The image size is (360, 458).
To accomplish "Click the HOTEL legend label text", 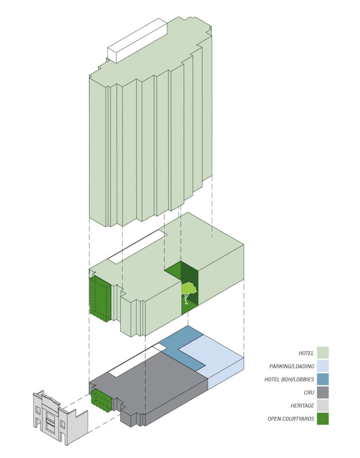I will click(306, 353).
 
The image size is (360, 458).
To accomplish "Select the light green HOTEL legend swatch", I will click(322, 353).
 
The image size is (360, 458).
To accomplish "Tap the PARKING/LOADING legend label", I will click(291, 366).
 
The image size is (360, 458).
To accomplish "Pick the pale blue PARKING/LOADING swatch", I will click(322, 366).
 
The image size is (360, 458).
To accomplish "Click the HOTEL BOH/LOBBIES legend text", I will click(289, 379).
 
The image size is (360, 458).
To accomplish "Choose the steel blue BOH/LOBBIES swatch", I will click(322, 379).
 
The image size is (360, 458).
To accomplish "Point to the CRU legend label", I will click(309, 392).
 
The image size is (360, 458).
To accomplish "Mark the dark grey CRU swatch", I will click(322, 392).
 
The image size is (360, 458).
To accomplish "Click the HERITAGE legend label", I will click(302, 406).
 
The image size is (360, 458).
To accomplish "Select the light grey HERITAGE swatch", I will click(322, 405).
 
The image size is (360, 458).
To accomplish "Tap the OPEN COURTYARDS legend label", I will click(290, 419).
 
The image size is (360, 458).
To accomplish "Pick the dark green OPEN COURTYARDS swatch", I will click(322, 418).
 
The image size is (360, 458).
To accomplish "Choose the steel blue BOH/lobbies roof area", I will click(186, 346).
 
